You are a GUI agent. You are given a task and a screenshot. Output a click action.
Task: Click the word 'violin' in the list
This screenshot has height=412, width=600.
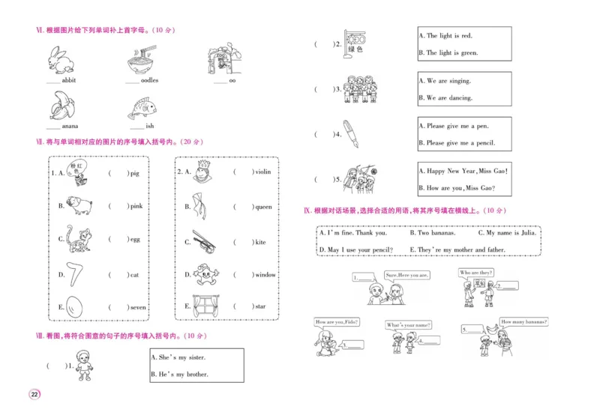262,172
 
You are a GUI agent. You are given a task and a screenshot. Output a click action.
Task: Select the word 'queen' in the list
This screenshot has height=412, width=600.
264,207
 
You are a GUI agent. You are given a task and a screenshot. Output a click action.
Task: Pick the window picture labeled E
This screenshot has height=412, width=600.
203,306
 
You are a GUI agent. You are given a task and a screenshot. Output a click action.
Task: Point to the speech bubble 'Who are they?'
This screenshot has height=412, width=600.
475,273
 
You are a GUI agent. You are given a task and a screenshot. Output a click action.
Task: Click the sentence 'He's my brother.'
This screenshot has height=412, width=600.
180,374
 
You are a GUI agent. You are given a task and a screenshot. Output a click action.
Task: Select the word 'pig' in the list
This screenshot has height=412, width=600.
134,173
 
